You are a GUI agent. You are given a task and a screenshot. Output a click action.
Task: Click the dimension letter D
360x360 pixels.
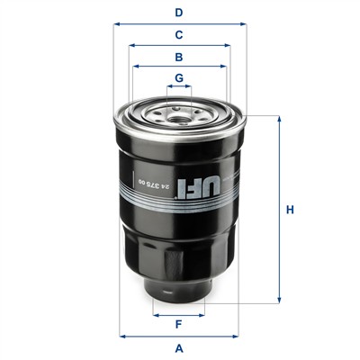point(179,13)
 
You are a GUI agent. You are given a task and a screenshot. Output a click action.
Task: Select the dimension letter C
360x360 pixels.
point(179,35)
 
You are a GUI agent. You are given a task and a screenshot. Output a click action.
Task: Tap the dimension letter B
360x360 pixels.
point(179,57)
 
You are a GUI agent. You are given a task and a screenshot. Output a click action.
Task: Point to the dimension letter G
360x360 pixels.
point(179,78)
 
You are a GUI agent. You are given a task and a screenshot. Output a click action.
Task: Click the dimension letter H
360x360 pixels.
point(290,210)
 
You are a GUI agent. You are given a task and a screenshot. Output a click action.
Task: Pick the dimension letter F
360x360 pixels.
point(179,324)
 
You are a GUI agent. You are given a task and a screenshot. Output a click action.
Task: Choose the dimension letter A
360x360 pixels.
point(179,348)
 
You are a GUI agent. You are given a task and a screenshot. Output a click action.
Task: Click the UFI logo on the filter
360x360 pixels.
point(199,187)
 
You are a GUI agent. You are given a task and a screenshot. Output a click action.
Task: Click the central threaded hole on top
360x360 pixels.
point(179,120)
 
